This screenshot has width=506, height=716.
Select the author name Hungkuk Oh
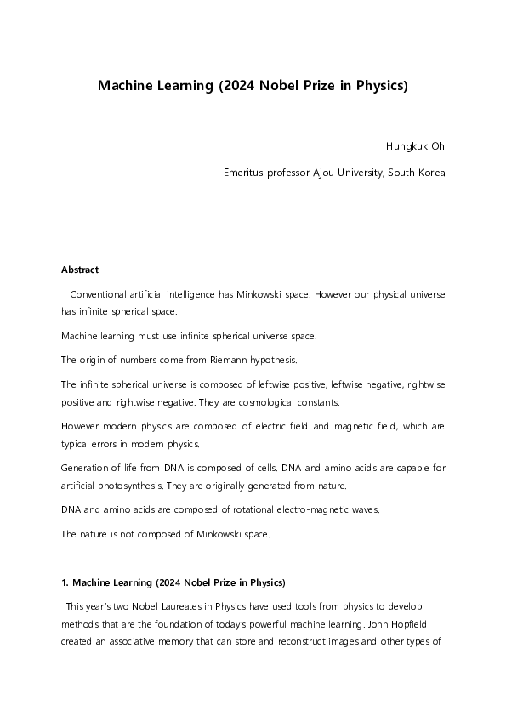point(415,145)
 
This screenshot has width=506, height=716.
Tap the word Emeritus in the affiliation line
point(245,173)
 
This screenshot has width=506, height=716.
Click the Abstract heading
point(80,270)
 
